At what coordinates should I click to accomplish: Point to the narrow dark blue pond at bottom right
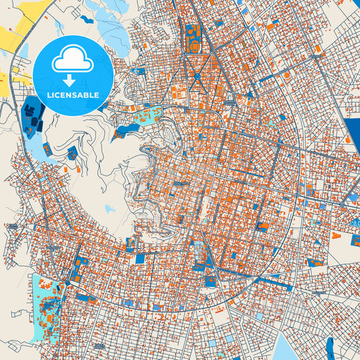[330, 347]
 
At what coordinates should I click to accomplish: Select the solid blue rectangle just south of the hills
[140, 258]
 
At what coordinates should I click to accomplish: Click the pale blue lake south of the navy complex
[47, 147]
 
